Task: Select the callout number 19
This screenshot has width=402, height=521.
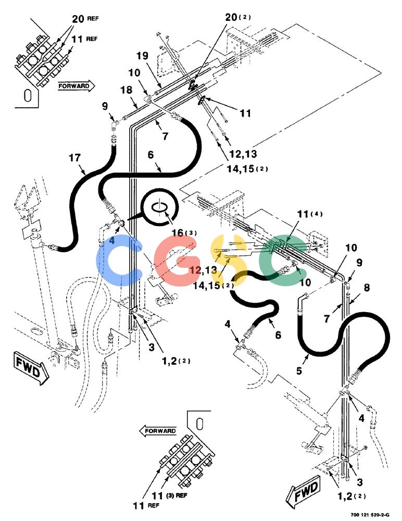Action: click(x=142, y=56)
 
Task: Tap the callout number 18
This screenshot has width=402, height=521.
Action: click(x=126, y=90)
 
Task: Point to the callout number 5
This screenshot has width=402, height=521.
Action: click(x=299, y=370)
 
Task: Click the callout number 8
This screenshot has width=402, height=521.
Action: click(x=367, y=287)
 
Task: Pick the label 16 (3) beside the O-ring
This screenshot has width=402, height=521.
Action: click(x=184, y=232)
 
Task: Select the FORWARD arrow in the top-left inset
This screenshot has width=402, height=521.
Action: click(x=77, y=86)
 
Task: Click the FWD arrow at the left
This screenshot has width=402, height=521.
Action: click(x=31, y=368)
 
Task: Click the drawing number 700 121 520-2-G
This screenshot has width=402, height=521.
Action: click(x=370, y=515)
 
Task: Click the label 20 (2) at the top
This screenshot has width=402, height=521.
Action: click(x=238, y=17)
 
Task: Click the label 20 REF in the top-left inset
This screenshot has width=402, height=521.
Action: click(x=85, y=19)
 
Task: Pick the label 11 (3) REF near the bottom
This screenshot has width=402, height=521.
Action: click(x=169, y=495)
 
